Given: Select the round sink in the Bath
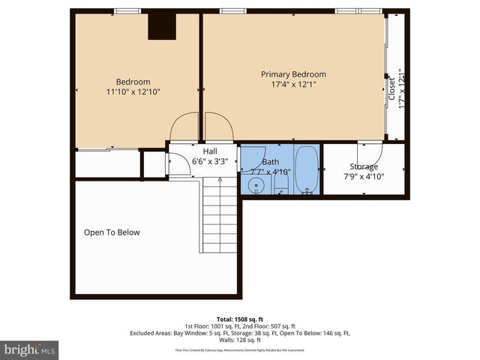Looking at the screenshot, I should (x=256, y=185).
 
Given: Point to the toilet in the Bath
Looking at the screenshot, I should (x=281, y=181).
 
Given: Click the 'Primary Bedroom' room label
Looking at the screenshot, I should (x=293, y=74).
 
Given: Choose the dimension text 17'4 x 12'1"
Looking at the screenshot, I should (x=293, y=84).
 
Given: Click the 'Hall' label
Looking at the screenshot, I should (x=199, y=151).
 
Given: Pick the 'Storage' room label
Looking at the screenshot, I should (x=364, y=166).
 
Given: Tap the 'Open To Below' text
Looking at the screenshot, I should (x=112, y=232).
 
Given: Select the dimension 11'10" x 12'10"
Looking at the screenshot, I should (x=133, y=91).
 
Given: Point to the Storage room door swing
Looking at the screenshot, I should (x=365, y=150).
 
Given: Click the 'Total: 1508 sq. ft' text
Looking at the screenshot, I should (x=240, y=319).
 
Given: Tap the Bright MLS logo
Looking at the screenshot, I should (x=30, y=349).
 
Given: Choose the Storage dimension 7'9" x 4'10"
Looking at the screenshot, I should (x=364, y=176).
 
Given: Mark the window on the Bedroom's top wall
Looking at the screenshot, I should (x=127, y=10).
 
